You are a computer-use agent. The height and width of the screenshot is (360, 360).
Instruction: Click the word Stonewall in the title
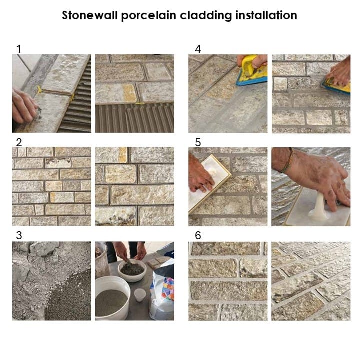click(90, 15)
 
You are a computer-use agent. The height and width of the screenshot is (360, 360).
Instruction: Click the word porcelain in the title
click(149, 16)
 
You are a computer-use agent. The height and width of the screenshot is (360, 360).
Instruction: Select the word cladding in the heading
click(206, 16)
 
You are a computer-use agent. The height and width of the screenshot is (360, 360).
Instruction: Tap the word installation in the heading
click(266, 15)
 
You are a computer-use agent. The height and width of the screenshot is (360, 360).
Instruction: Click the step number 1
click(19, 49)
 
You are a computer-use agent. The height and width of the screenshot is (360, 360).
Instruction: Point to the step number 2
click(19, 142)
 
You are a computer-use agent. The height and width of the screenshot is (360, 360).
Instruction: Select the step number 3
click(19, 235)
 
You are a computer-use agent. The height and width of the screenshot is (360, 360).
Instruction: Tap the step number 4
click(198, 49)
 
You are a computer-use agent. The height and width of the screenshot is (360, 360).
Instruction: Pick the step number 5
click(198, 142)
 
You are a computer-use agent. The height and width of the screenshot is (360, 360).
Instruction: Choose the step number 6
click(198, 235)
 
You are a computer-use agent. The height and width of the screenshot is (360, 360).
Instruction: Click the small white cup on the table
click(140, 295)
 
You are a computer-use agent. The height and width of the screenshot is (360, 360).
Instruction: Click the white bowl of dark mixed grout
click(132, 270)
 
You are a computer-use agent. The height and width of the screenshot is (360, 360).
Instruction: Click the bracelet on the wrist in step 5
click(288, 160)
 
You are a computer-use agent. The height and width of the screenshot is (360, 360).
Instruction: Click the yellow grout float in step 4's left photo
click(252, 70)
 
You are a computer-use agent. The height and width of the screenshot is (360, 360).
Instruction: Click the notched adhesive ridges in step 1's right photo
click(134, 118)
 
